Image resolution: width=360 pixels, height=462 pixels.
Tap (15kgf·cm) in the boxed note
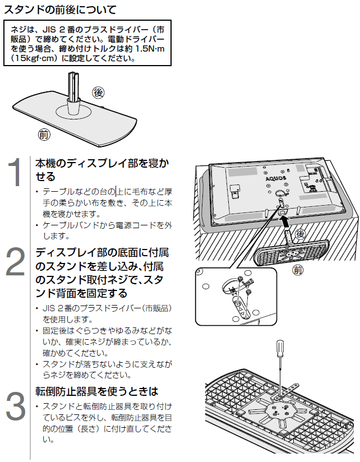point(34,58)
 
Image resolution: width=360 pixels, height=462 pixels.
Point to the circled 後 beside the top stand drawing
point(99,91)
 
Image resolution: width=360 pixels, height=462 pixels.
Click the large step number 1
point(17,173)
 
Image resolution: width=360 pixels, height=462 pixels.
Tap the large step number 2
point(17,261)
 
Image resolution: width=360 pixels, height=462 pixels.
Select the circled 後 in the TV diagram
point(301,233)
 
